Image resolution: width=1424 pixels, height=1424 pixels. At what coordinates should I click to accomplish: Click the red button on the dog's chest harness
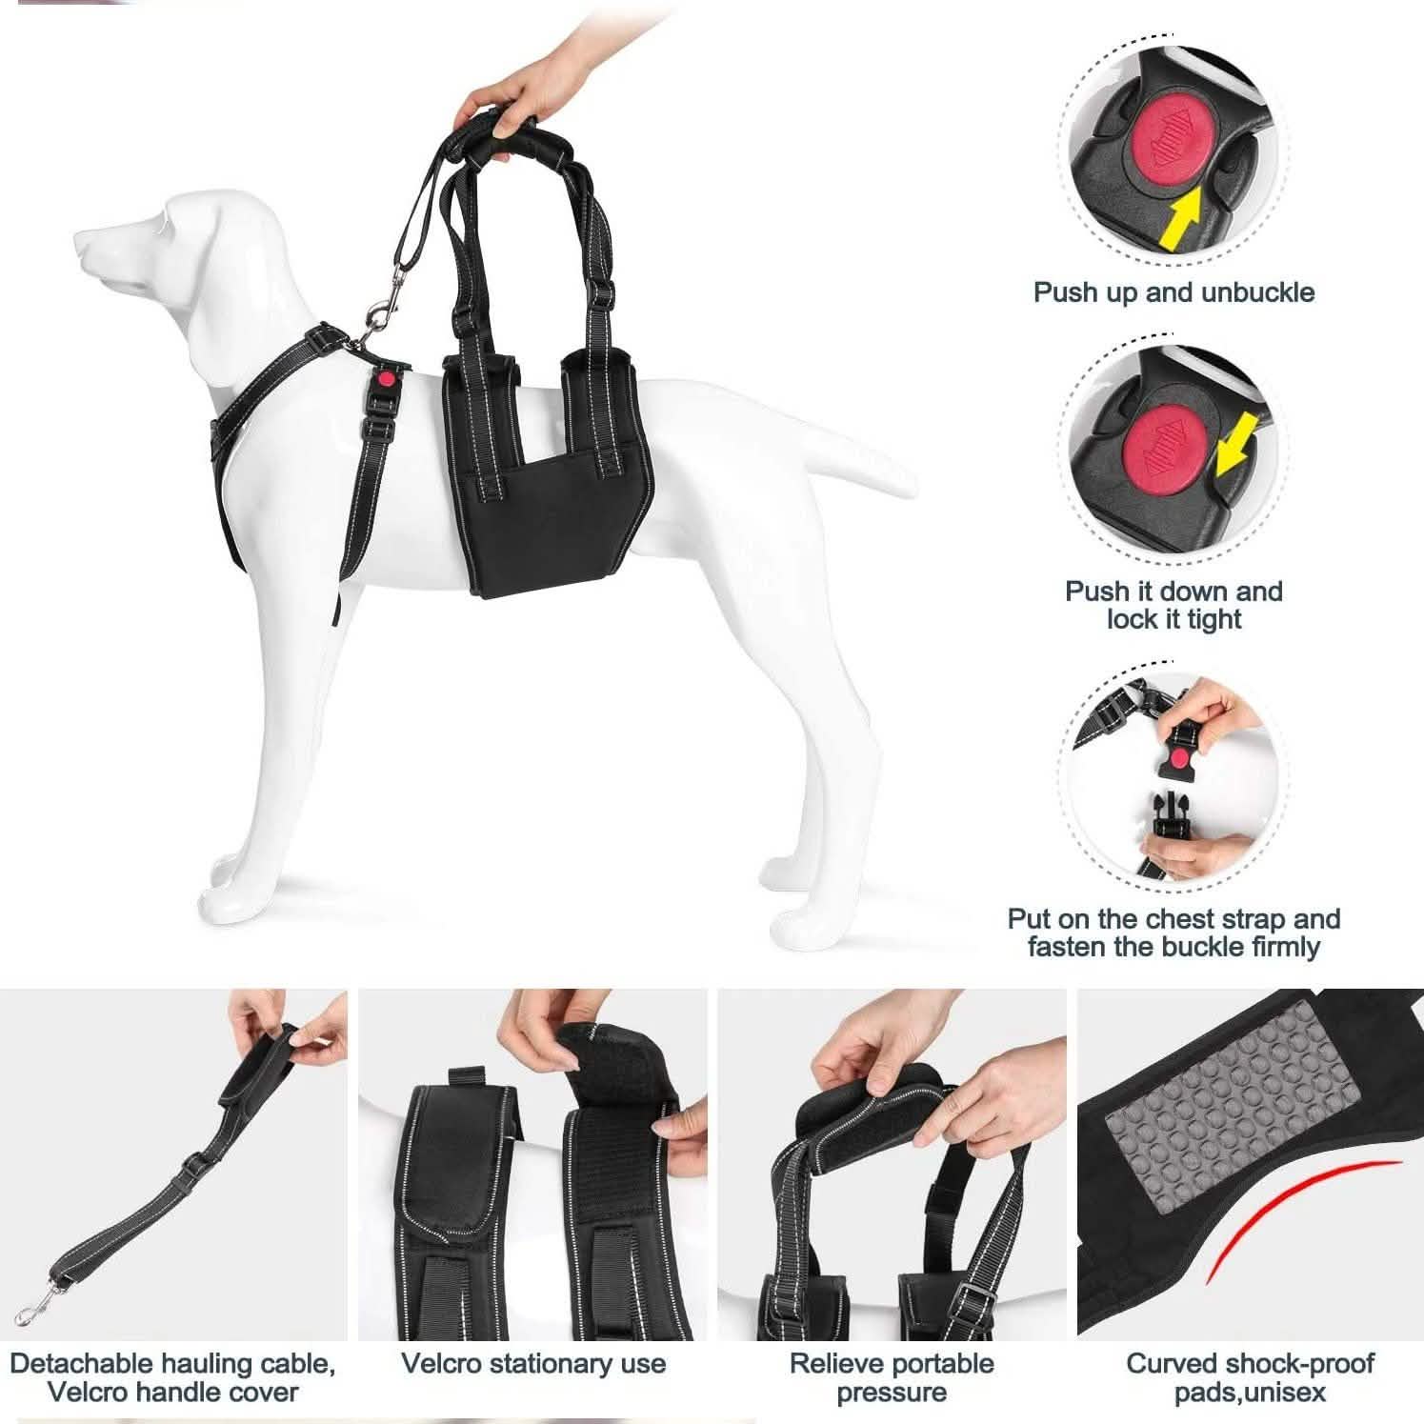point(385,378)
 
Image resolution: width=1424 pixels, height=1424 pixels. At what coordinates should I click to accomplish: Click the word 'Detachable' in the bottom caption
point(82,1364)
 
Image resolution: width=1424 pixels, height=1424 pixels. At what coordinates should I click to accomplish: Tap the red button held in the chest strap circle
point(1181,756)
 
